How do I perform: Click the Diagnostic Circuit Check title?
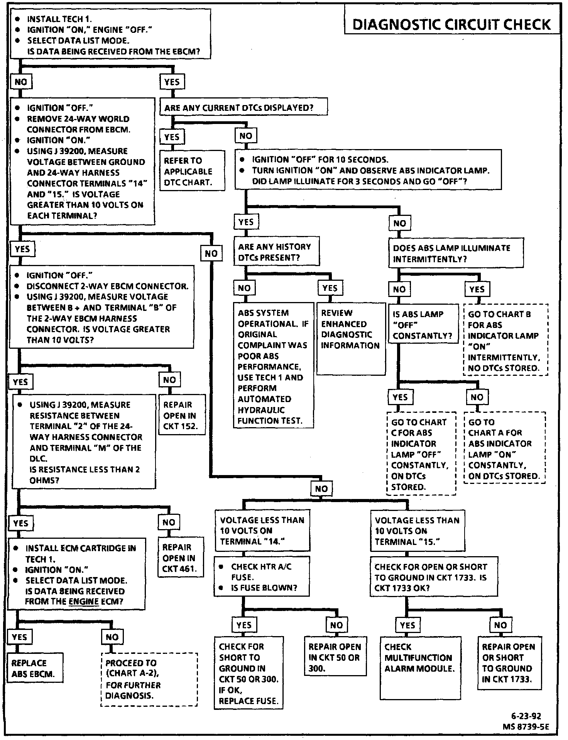pos(451,24)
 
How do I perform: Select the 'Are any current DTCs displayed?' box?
pos(243,107)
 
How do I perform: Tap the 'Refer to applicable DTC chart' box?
pos(192,171)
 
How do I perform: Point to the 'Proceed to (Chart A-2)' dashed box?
pos(149,679)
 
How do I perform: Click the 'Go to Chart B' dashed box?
pos(505,340)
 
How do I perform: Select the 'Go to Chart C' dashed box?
pos(421,454)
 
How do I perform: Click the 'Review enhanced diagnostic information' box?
pos(351,339)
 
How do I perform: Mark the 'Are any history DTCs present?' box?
pos(276,252)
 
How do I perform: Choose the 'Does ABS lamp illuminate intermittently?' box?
pos(456,253)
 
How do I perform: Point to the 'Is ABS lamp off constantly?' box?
pos(423,325)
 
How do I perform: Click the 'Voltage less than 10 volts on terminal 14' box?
pos(262,531)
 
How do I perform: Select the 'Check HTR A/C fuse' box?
pos(262,577)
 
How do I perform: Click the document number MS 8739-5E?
pos(526,726)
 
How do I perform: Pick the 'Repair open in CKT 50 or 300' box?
pos(335,657)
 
